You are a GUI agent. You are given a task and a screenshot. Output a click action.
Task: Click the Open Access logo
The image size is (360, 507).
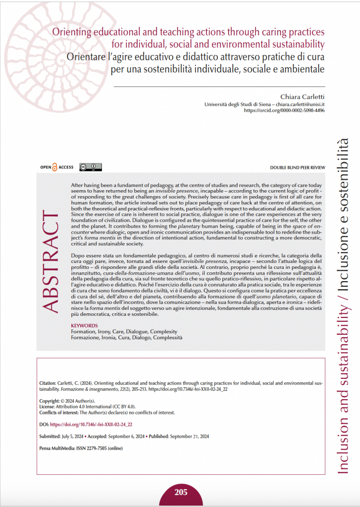tap(56, 167)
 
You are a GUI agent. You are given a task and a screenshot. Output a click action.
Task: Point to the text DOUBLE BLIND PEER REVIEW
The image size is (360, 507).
tap(297, 168)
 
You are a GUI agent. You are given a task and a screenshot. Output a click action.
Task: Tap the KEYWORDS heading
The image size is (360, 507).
tap(85, 325)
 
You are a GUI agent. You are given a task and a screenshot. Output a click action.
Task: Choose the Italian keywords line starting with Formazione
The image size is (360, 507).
tap(127, 337)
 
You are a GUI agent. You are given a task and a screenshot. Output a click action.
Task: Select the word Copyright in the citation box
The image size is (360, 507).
tap(49, 401)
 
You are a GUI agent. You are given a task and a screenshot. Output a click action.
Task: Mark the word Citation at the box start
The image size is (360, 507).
tap(48, 383)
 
